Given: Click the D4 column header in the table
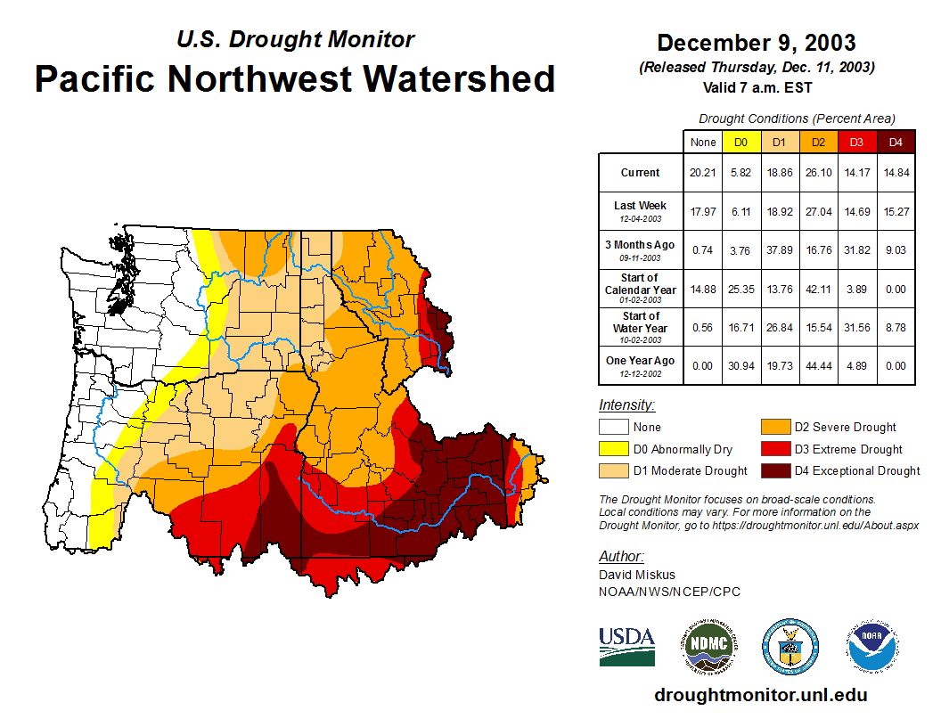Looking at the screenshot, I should (896, 142).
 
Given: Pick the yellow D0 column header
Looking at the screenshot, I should (741, 142).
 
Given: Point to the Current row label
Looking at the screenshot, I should (641, 173).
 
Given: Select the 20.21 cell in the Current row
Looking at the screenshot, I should (702, 173).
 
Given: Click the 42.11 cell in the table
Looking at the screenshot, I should (818, 289).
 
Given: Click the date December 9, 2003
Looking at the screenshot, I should (757, 43).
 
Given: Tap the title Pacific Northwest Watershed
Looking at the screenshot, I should (295, 79).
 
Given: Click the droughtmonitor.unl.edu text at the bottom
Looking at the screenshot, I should (760, 695).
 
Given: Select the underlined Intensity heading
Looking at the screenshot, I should (627, 405).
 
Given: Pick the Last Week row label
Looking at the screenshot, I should (641, 211).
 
